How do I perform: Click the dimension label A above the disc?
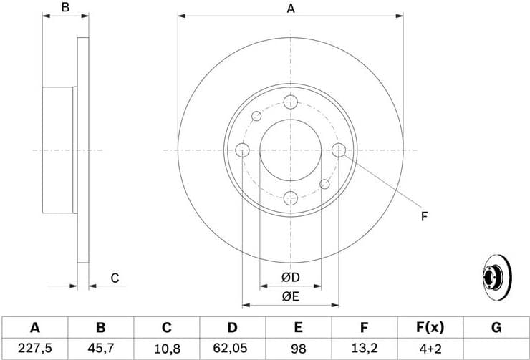291,9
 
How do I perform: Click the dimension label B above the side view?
64,9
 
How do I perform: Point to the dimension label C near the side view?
114,278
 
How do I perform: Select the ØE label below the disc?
290,295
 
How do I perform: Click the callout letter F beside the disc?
424,215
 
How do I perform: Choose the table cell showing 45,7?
100,348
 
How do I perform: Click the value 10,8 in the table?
166,348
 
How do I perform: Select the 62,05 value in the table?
232,348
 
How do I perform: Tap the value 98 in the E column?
298,348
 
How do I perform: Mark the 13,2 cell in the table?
364,348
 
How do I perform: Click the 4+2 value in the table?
430,348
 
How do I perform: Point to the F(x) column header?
430,328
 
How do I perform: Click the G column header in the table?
496,328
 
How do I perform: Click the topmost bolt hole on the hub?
290,102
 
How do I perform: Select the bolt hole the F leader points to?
339,150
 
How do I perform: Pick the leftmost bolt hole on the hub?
242,150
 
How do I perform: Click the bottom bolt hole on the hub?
290,198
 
